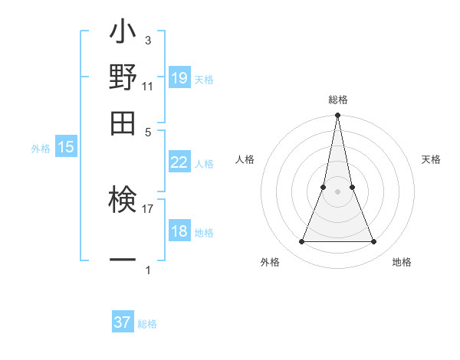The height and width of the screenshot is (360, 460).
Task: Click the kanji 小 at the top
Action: pyautogui.click(x=123, y=34)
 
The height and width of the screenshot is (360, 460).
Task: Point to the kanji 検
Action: pyautogui.click(x=123, y=201)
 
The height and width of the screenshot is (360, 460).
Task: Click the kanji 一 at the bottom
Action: pyautogui.click(x=123, y=260)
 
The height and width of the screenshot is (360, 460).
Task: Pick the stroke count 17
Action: pyautogui.click(x=148, y=207)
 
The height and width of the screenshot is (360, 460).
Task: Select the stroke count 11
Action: pyautogui.click(x=148, y=86)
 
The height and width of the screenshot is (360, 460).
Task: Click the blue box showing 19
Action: pyautogui.click(x=179, y=78)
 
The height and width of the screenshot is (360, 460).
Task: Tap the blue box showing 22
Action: pyautogui.click(x=179, y=162)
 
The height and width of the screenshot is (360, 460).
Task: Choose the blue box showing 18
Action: pyautogui.click(x=179, y=231)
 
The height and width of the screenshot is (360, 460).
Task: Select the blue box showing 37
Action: pyautogui.click(x=123, y=322)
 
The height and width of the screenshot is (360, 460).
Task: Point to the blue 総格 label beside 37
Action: pyautogui.click(x=147, y=324)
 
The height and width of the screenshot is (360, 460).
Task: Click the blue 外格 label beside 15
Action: pyautogui.click(x=40, y=149)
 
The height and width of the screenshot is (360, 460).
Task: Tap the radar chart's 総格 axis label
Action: pyautogui.click(x=337, y=100)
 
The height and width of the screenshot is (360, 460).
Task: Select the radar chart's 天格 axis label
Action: pyautogui.click(x=431, y=159)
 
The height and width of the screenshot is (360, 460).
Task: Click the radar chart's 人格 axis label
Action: pyautogui.click(x=245, y=159)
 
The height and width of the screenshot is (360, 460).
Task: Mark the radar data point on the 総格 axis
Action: pyautogui.click(x=337, y=116)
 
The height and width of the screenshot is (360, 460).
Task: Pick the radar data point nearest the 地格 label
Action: pyautogui.click(x=374, y=242)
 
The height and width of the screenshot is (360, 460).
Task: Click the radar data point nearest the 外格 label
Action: pyautogui.click(x=301, y=242)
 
